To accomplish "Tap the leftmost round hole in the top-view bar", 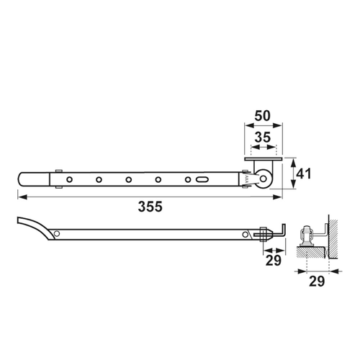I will pyautogui.click(x=69, y=179).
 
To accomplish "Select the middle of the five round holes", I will pyautogui.click(x=129, y=179).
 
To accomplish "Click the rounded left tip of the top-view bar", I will pyautogui.click(x=20, y=178).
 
